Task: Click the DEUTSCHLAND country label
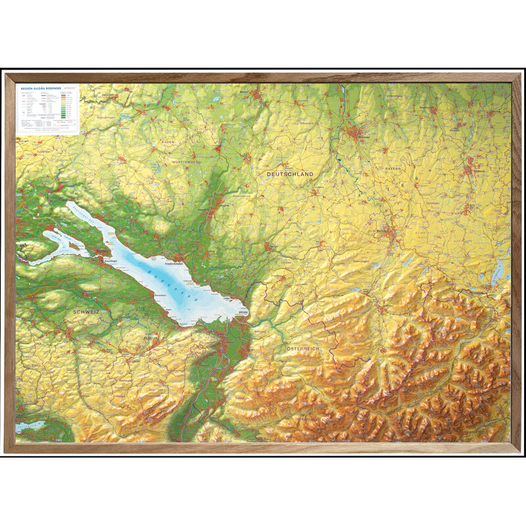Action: pyautogui.click(x=290, y=174)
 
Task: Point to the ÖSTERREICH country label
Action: pyautogui.click(x=303, y=348)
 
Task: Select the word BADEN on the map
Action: pyautogui.click(x=168, y=142)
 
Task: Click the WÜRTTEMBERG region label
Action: pyautogui.click(x=186, y=161)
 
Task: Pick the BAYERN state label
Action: pyautogui.click(x=393, y=169)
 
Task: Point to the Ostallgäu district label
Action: pyautogui.click(x=432, y=203)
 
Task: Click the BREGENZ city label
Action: pyautogui.click(x=243, y=311)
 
